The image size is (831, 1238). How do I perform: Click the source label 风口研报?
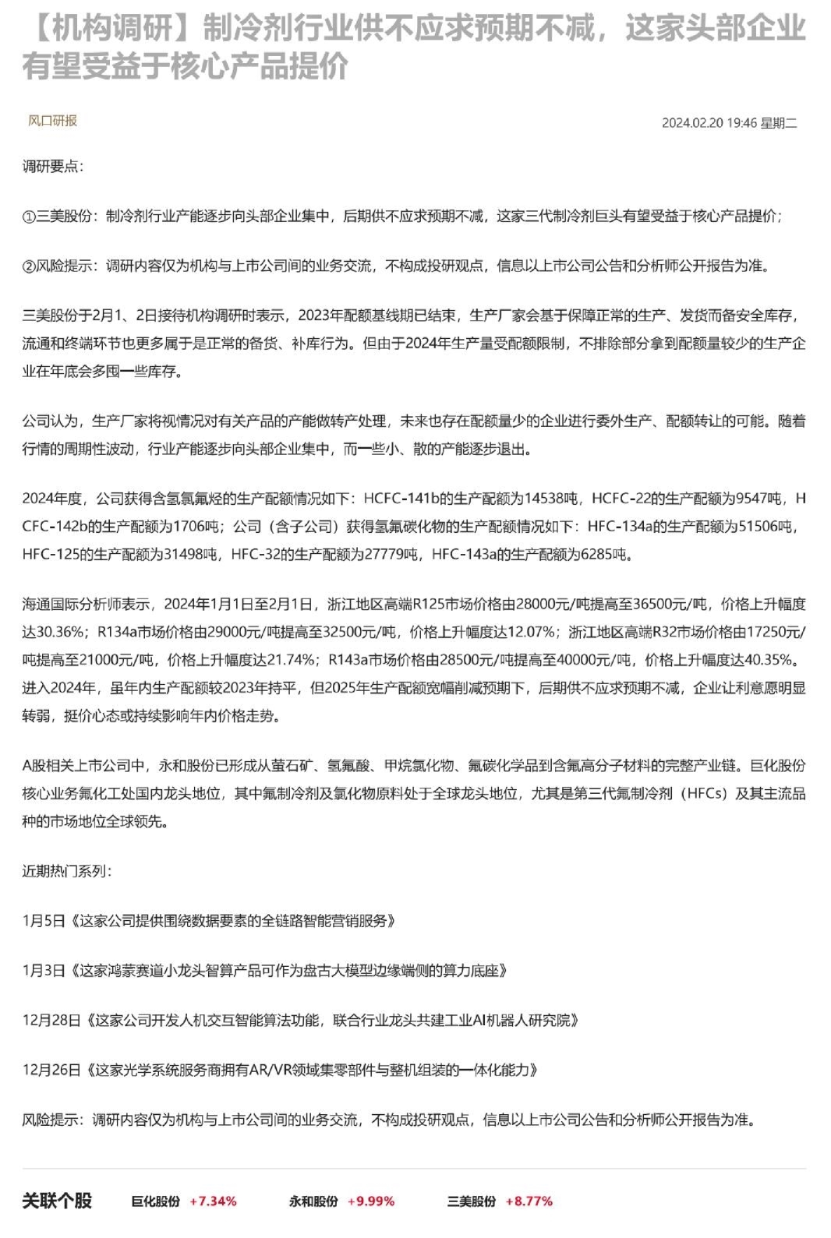pyautogui.click(x=52, y=121)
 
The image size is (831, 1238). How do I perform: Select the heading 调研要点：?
pyautogui.click(x=52, y=166)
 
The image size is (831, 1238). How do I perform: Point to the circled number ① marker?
pyautogui.click(x=29, y=217)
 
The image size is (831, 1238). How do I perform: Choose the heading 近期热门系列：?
pyautogui.click(x=66, y=871)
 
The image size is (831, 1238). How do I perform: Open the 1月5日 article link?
pyautogui.click(x=209, y=921)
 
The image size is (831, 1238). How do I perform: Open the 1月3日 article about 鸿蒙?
pyautogui.click(x=265, y=971)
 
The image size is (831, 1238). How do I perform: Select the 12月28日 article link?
pyautogui.click(x=301, y=1021)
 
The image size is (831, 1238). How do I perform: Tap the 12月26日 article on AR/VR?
pyautogui.click(x=281, y=1070)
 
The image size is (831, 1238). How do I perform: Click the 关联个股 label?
pyautogui.click(x=57, y=1201)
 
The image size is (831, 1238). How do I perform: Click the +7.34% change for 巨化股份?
pyautogui.click(x=213, y=1201)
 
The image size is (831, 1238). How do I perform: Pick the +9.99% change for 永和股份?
pyautogui.click(x=371, y=1201)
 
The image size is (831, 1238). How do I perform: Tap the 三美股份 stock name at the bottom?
pyautogui.click(x=471, y=1201)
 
